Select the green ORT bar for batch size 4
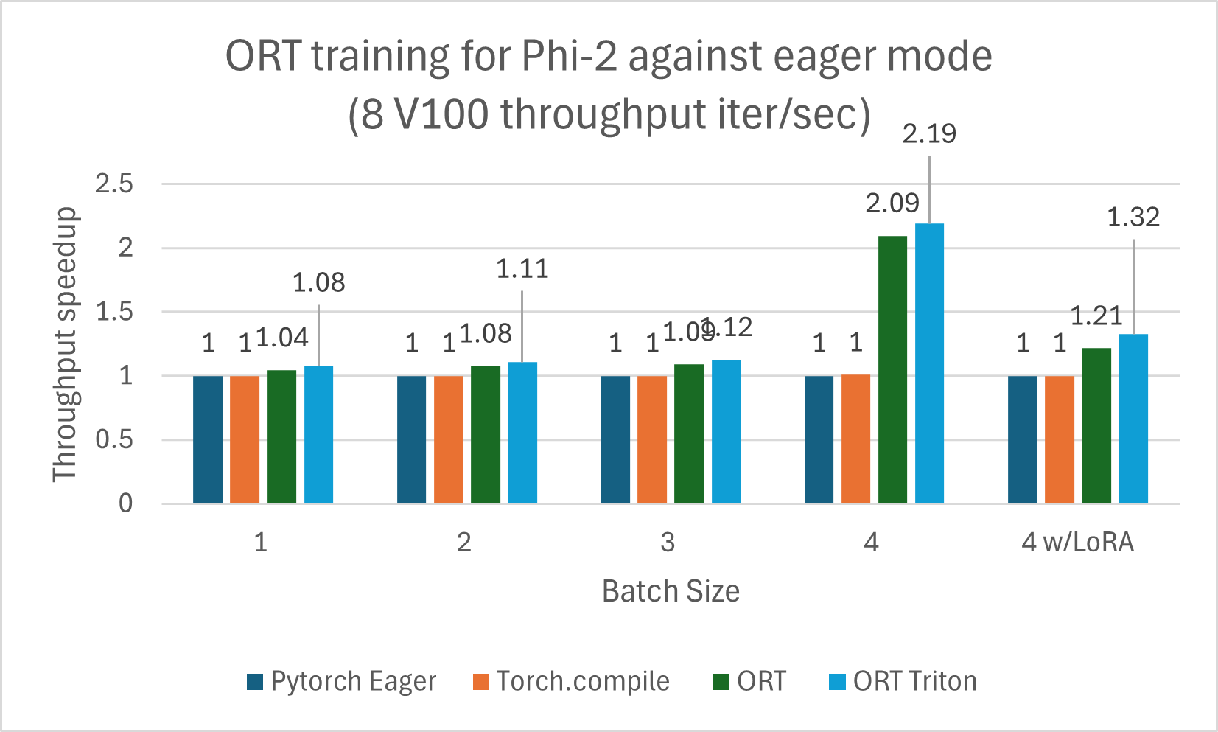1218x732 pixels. pyautogui.click(x=892, y=369)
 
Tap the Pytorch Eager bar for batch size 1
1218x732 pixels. pyautogui.click(x=208, y=439)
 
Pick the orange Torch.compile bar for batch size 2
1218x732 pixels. pyautogui.click(x=448, y=439)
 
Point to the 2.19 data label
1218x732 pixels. pyautogui.click(x=929, y=134)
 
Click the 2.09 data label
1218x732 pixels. pyautogui.click(x=892, y=203)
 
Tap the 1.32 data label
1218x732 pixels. pyautogui.click(x=1133, y=217)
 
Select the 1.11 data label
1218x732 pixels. pyautogui.click(x=522, y=270)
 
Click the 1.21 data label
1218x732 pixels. pyautogui.click(x=1096, y=316)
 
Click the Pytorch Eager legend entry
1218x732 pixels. pyautogui.click(x=342, y=681)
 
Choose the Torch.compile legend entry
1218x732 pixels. pyautogui.click(x=571, y=681)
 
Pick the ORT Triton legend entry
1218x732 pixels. pyautogui.click(x=903, y=681)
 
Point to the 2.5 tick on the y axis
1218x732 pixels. pyautogui.click(x=114, y=184)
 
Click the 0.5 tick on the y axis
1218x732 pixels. pyautogui.click(x=114, y=440)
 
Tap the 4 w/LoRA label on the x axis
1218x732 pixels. pyautogui.click(x=1077, y=543)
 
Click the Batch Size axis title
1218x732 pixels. pyautogui.click(x=671, y=591)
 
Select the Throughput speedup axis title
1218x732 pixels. pyautogui.click(x=65, y=344)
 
